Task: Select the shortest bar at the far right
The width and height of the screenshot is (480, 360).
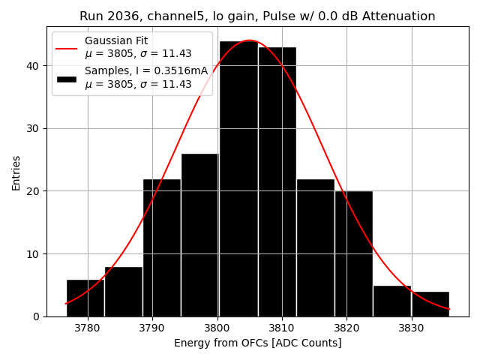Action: (x=430, y=304)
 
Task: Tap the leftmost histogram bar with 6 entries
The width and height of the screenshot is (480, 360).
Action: (x=85, y=298)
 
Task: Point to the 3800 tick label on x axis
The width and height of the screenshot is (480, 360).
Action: (x=217, y=328)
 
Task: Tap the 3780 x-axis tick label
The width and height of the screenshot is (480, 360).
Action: (x=88, y=328)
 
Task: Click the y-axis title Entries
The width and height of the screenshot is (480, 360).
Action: (x=16, y=172)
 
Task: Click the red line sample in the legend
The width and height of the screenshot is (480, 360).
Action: (x=66, y=49)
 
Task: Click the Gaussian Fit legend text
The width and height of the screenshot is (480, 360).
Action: (x=116, y=40)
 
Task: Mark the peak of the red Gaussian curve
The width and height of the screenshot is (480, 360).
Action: (x=250, y=40)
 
